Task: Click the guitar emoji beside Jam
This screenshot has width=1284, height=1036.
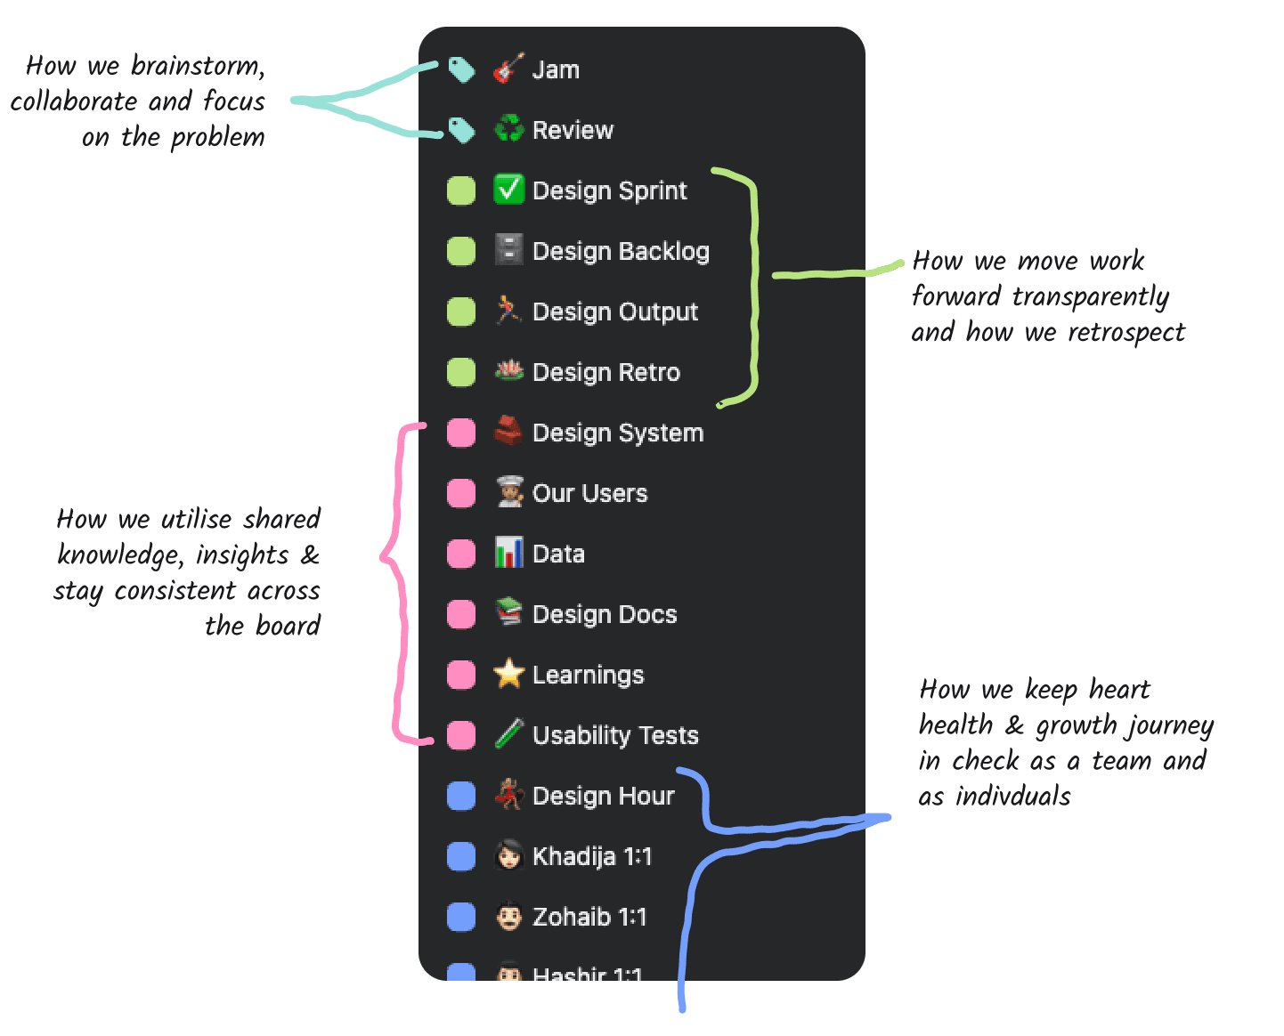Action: pyautogui.click(x=508, y=69)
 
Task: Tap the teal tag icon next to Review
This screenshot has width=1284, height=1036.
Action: pyautogui.click(x=460, y=130)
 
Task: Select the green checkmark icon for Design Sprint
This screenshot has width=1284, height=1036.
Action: pyautogui.click(x=508, y=190)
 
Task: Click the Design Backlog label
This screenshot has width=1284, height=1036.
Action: pyautogui.click(x=621, y=251)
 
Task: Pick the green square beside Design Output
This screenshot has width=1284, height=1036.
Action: pyautogui.click(x=460, y=312)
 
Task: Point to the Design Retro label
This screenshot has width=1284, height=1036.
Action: pyautogui.click(x=605, y=372)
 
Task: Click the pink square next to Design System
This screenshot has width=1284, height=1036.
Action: pyautogui.click(x=460, y=433)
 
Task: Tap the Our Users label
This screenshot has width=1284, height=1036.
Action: pyautogui.click(x=589, y=493)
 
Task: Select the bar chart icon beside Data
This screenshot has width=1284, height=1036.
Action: pyautogui.click(x=508, y=553)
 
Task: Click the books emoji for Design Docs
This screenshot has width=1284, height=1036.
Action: pyautogui.click(x=508, y=613)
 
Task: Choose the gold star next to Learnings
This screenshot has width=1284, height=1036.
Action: pyautogui.click(x=508, y=674)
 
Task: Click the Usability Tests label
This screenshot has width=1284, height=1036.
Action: pyautogui.click(x=615, y=735)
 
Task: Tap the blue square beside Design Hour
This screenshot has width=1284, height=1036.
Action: pyautogui.click(x=460, y=796)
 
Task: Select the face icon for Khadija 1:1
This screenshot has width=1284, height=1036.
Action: pyautogui.click(x=508, y=855)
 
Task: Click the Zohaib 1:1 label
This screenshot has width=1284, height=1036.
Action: pyautogui.click(x=589, y=917)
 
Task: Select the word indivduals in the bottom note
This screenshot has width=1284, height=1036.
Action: pyautogui.click(x=1013, y=796)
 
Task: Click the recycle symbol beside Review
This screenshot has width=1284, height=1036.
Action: pyautogui.click(x=508, y=130)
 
